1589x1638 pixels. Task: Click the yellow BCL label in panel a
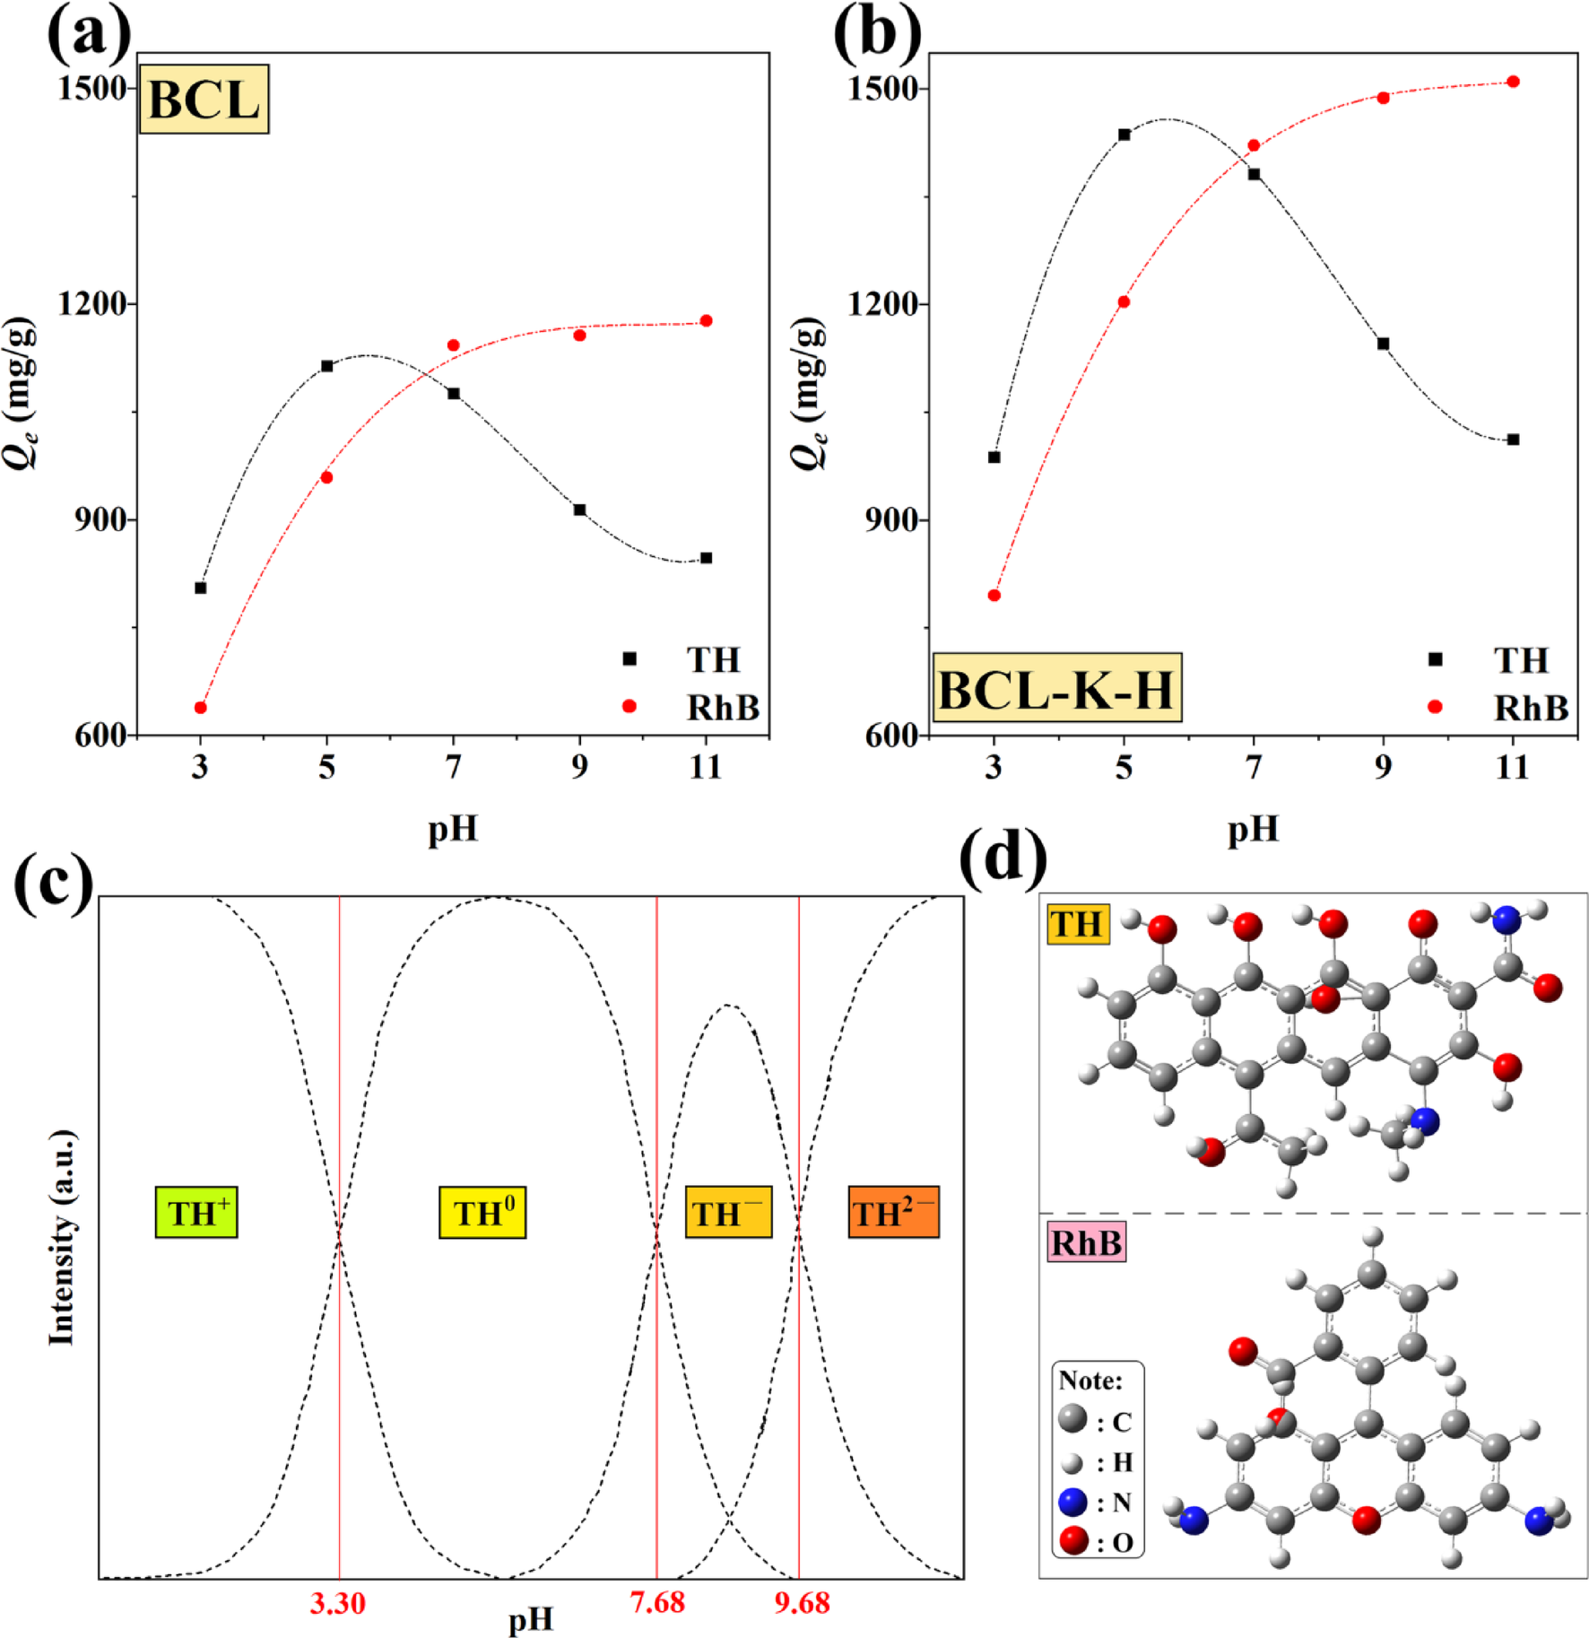[x=204, y=100]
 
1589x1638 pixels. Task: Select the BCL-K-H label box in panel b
[x=1056, y=688]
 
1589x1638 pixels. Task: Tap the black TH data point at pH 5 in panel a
[x=327, y=366]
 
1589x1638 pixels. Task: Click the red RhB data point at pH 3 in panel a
[x=201, y=708]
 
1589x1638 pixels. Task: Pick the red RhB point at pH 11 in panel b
[x=1513, y=82]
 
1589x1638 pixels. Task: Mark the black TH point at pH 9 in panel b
[x=1383, y=344]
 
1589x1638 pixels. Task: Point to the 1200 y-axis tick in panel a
[x=91, y=303]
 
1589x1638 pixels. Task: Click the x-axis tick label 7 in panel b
[x=1254, y=767]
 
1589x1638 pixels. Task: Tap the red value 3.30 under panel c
[x=338, y=1602]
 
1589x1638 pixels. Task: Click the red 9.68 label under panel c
[x=802, y=1602]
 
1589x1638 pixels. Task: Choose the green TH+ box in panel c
[x=196, y=1213]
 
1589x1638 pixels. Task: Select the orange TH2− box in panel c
[x=893, y=1213]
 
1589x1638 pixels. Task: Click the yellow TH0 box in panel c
[x=482, y=1213]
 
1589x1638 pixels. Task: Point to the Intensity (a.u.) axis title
[x=61, y=1238]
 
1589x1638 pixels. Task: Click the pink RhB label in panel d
[x=1086, y=1243]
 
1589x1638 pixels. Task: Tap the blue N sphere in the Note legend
[x=1072, y=1502]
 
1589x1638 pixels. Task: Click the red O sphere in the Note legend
[x=1072, y=1540]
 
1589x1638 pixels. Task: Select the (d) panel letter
[x=1003, y=857]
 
